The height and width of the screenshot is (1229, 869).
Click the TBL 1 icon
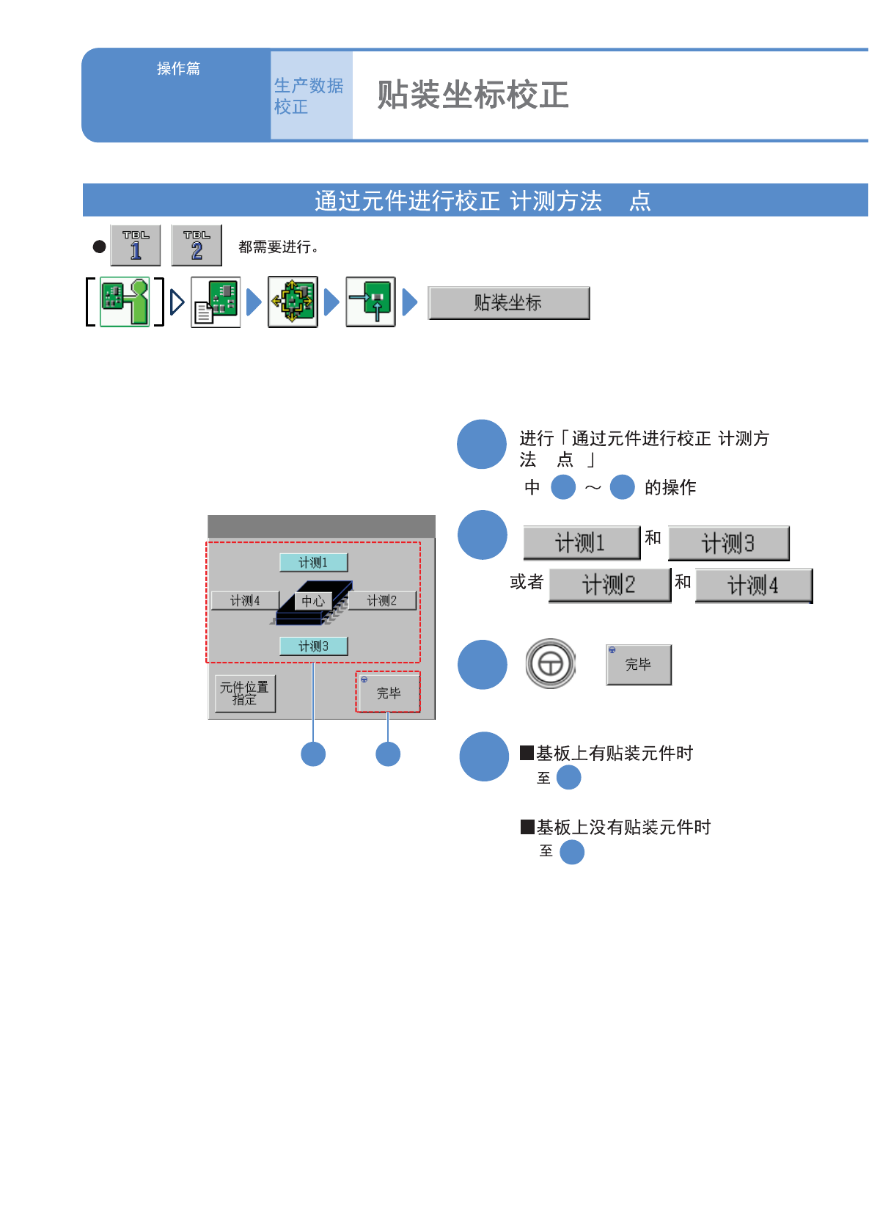(x=136, y=246)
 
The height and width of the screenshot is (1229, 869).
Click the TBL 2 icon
(x=197, y=246)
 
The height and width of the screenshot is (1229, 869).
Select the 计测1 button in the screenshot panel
(x=313, y=563)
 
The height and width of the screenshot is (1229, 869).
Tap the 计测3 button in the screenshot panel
(x=313, y=646)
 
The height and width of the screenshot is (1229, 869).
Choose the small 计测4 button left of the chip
(x=245, y=601)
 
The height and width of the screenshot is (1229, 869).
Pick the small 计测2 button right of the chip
(x=381, y=601)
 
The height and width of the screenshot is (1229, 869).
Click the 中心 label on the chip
(x=313, y=601)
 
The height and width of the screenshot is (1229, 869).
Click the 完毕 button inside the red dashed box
(x=389, y=693)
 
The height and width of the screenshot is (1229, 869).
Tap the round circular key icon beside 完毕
(x=551, y=664)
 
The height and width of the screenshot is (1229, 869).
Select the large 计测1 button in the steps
(x=581, y=543)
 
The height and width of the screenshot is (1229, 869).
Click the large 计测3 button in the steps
(x=728, y=544)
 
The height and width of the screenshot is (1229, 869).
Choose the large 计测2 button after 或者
(x=609, y=586)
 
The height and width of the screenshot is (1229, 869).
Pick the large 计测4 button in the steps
(x=753, y=586)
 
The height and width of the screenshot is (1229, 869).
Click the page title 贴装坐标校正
(x=473, y=95)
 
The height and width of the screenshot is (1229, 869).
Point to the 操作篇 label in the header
(x=178, y=68)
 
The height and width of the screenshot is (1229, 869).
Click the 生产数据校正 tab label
(x=309, y=96)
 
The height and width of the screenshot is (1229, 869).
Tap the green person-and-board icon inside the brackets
(x=125, y=302)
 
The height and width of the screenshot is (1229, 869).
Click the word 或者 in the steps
(x=527, y=583)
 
